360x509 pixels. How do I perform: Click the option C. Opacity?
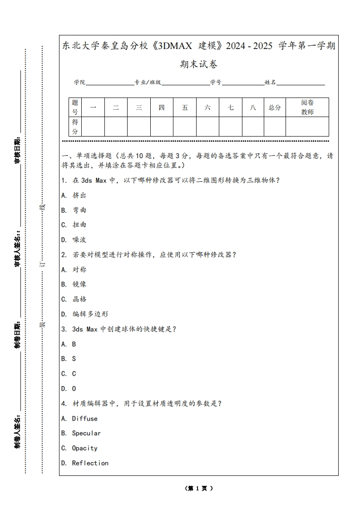pyautogui.click(x=79, y=448)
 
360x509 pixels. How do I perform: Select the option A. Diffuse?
pyautogui.click(x=79, y=418)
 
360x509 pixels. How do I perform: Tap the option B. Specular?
pyautogui.click(x=81, y=433)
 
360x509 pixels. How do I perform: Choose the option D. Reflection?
pyautogui.click(x=85, y=463)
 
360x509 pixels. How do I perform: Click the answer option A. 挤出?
pyautogui.click(x=74, y=195)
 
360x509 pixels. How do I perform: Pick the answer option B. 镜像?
pyautogui.click(x=74, y=284)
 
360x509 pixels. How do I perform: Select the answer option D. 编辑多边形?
pyautogui.click(x=84, y=314)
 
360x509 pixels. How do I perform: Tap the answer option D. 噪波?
pyautogui.click(x=74, y=240)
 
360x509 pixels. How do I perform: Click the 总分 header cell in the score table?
pyautogui.click(x=275, y=108)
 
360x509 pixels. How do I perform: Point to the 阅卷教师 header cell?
pyautogui.click(x=307, y=108)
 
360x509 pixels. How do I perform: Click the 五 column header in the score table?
pyautogui.click(x=185, y=108)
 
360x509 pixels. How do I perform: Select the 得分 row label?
pyautogui.click(x=75, y=127)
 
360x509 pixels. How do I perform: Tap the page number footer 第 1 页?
pyautogui.click(x=199, y=489)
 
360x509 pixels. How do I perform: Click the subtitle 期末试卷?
pyautogui.click(x=198, y=64)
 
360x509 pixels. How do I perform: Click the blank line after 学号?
pyautogui.click(x=243, y=83)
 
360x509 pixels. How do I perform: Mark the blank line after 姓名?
pyautogui.click(x=301, y=83)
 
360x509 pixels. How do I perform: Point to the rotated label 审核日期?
pyautogui.click(x=17, y=150)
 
